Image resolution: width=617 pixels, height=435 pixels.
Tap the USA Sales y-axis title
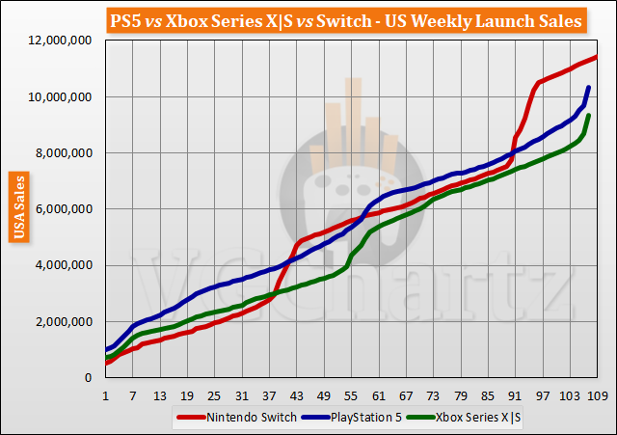[17, 204]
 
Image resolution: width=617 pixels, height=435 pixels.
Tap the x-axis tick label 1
[105, 395]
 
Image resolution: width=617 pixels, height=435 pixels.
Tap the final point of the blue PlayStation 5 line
[588, 88]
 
